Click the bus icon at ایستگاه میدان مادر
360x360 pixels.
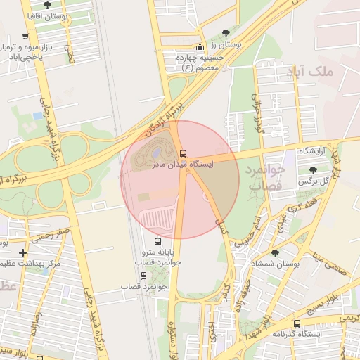183,153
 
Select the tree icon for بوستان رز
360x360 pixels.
225,33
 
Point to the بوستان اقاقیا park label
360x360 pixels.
47,14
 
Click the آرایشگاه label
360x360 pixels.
314,151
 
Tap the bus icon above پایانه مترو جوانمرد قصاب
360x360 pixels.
157,241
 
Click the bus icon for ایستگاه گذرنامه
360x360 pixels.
297,323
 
